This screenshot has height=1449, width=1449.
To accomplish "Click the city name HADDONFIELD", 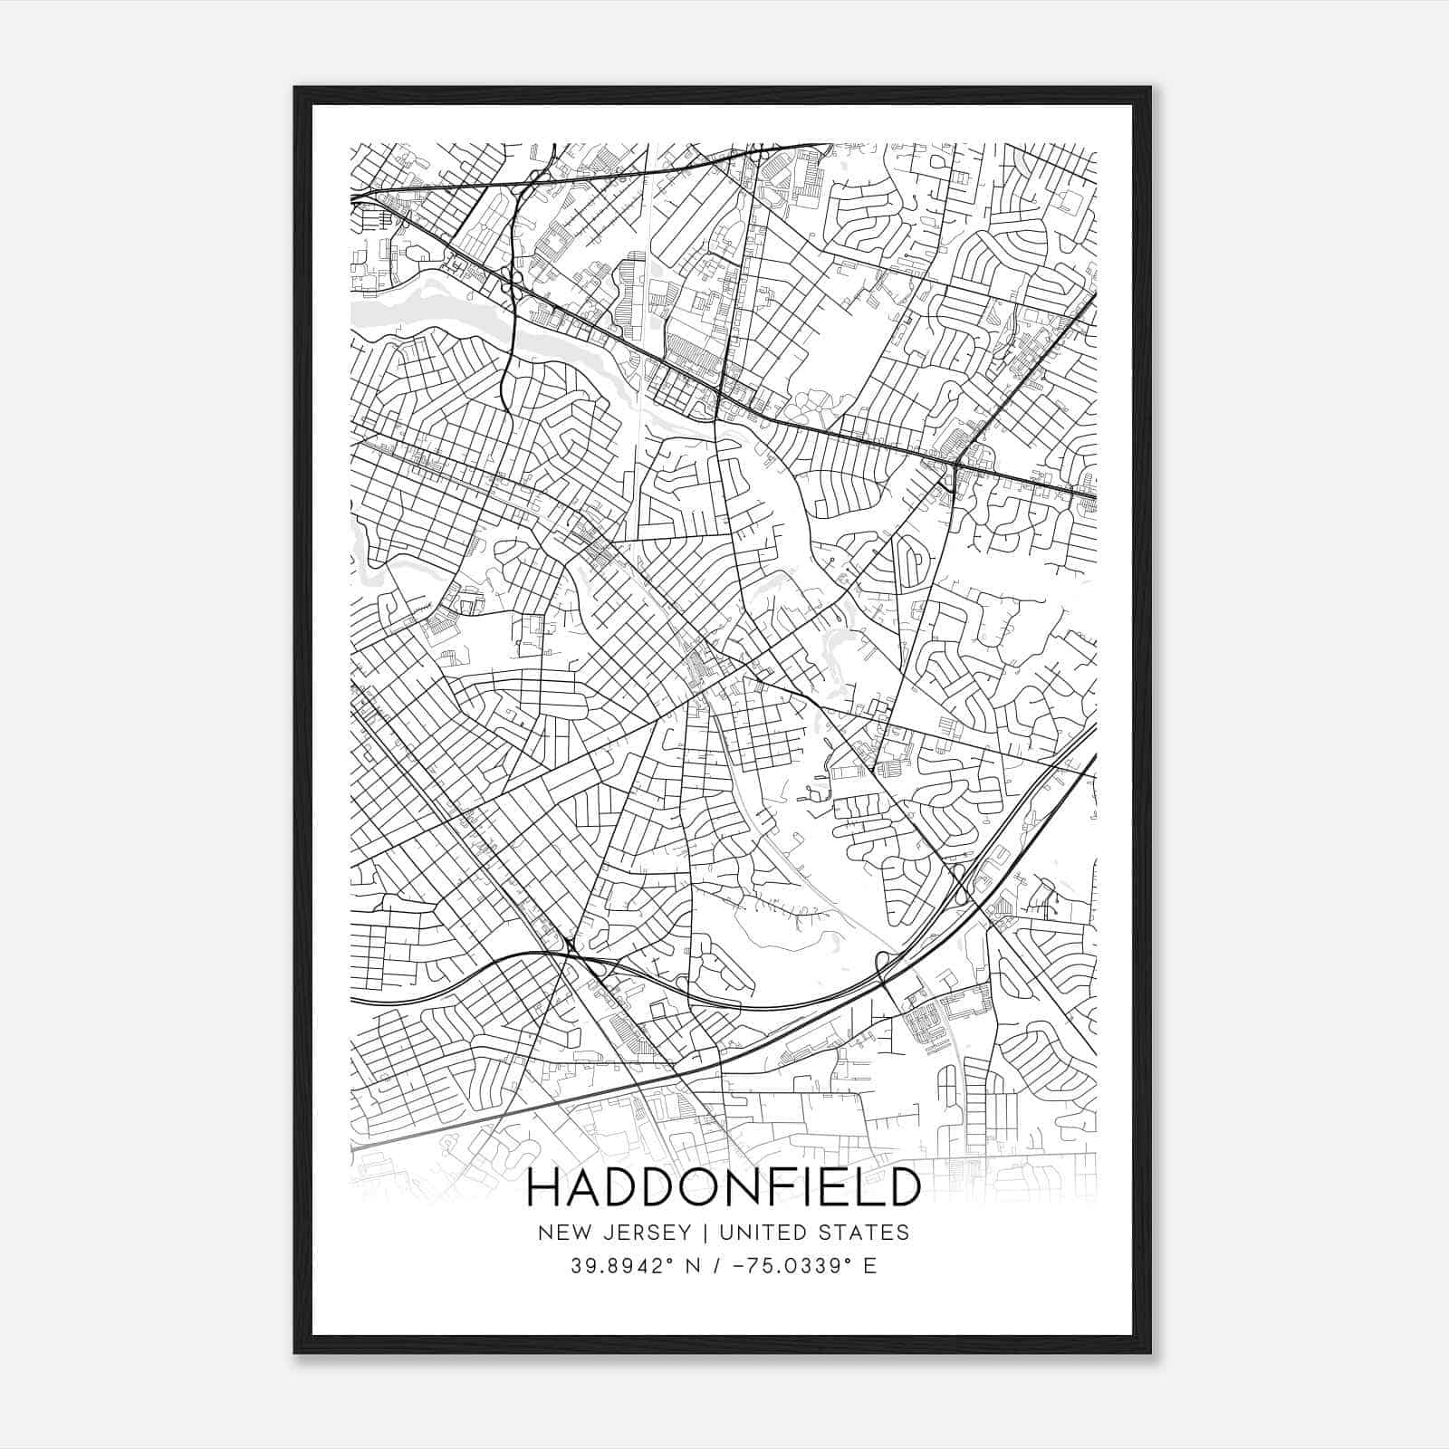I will [723, 1188].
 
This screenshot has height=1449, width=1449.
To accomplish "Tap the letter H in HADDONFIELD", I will [543, 1188].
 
